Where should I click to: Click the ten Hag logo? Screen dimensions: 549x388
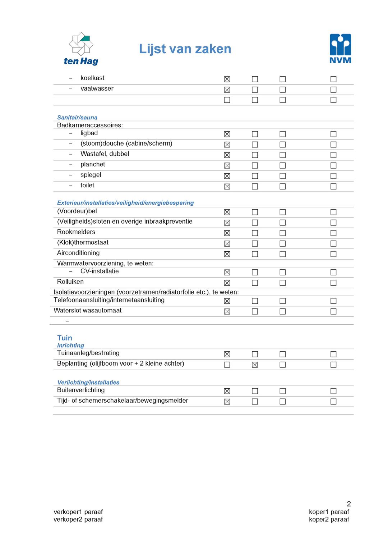pyautogui.click(x=81, y=49)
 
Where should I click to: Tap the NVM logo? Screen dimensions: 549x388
pyautogui.click(x=340, y=49)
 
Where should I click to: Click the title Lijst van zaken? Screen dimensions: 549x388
pyautogui.click(x=185, y=49)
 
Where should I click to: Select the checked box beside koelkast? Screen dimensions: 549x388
pyautogui.click(x=227, y=79)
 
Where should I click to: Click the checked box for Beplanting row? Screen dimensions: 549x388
pyautogui.click(x=255, y=365)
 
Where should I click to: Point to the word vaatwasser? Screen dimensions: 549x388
pyautogui.click(x=97, y=88)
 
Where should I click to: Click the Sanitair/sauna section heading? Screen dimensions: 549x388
pyautogui.click(x=77, y=118)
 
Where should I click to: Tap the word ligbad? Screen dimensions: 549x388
pyautogui.click(x=89, y=133)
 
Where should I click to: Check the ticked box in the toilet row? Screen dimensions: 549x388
pyautogui.click(x=227, y=187)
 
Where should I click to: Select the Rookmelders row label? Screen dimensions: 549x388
pyautogui.click(x=76, y=232)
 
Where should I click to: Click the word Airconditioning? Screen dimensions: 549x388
pyautogui.click(x=78, y=253)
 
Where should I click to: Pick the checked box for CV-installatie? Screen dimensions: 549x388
pyautogui.click(x=227, y=273)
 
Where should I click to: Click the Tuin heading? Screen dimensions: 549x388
pyautogui.click(x=65, y=338)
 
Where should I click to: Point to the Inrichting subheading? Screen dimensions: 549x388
pyautogui.click(x=70, y=346)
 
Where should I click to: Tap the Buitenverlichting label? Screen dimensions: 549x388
pyautogui.click(x=81, y=390)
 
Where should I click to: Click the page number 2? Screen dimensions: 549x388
pyautogui.click(x=348, y=504)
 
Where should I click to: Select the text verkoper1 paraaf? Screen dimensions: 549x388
pyautogui.click(x=78, y=512)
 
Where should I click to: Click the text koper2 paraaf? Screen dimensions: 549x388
pyautogui.click(x=329, y=519)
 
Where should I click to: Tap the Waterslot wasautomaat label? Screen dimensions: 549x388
pyautogui.click(x=88, y=310)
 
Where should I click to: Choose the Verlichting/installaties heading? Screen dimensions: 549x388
pyautogui.click(x=88, y=383)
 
